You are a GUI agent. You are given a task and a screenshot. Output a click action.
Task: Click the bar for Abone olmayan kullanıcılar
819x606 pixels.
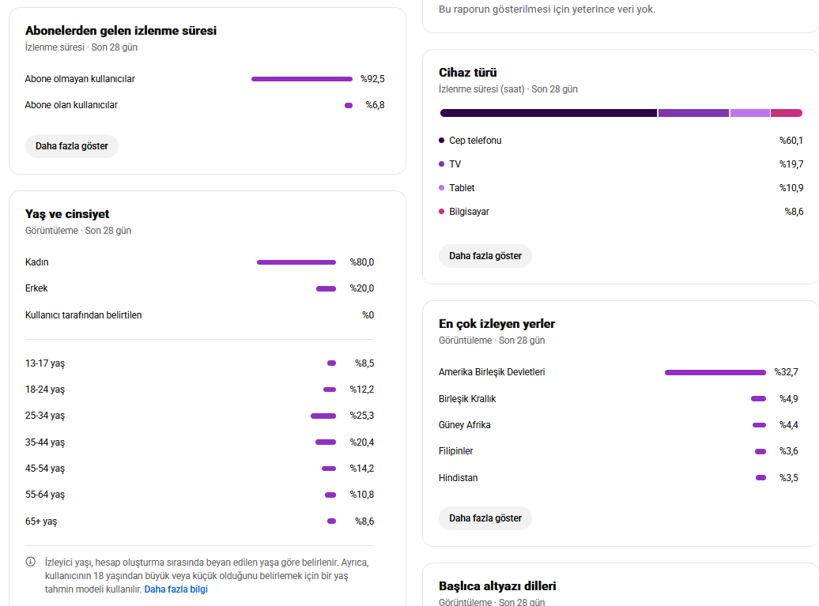pyautogui.click(x=302, y=79)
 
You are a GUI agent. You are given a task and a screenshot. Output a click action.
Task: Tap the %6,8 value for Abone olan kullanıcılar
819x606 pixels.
pyautogui.click(x=375, y=105)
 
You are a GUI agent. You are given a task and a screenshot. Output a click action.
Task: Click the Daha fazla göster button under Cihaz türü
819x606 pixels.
pyautogui.click(x=485, y=256)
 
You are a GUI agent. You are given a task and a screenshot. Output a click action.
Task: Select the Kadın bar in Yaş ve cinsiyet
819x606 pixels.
pyautogui.click(x=296, y=262)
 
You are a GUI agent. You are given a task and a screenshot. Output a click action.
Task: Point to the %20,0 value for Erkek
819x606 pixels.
pyautogui.click(x=362, y=288)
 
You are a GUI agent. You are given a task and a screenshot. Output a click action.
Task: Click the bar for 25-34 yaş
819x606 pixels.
pyautogui.click(x=323, y=416)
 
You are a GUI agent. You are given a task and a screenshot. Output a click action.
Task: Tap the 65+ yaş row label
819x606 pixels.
pyautogui.click(x=41, y=521)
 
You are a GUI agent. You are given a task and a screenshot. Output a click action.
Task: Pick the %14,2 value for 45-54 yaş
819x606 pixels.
pyautogui.click(x=362, y=469)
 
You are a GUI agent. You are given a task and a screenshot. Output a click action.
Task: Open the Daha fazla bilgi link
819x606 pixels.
pyautogui.click(x=176, y=589)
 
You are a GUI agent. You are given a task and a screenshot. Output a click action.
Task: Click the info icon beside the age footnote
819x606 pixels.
pyautogui.click(x=31, y=562)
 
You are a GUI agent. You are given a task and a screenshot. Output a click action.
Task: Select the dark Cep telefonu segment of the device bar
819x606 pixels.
pyautogui.click(x=549, y=113)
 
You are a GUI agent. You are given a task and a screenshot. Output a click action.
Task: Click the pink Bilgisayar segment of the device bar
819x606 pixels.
pyautogui.click(x=787, y=113)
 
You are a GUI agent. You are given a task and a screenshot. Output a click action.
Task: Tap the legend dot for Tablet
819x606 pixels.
pyautogui.click(x=441, y=187)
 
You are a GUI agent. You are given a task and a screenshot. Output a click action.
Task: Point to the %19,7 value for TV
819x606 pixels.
pyautogui.click(x=791, y=164)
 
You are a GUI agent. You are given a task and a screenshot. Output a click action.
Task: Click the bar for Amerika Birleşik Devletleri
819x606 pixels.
pyautogui.click(x=715, y=372)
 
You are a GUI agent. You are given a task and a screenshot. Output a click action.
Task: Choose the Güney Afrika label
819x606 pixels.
pyautogui.click(x=464, y=425)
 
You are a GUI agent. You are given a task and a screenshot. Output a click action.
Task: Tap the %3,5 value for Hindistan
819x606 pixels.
pyautogui.click(x=789, y=477)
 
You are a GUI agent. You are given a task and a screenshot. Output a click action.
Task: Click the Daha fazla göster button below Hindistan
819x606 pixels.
pyautogui.click(x=485, y=518)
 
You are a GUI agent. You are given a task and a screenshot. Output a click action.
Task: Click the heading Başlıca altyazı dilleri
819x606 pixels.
pyautogui.click(x=497, y=585)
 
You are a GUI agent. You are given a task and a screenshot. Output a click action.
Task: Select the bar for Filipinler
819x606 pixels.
pyautogui.click(x=760, y=451)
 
